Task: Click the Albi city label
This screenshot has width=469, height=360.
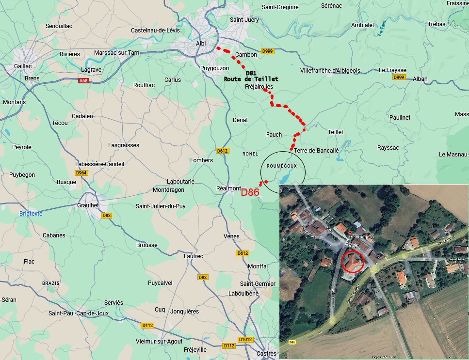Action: pos(200,44)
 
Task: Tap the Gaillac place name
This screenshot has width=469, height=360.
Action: pos(23,66)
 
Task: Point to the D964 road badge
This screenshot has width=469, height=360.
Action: pos(81,173)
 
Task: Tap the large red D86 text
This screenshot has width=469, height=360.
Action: pos(250,192)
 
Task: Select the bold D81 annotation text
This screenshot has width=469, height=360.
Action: pos(251,73)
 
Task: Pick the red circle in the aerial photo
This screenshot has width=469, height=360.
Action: pos(353,261)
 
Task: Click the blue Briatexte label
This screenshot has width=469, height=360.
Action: pos(31,213)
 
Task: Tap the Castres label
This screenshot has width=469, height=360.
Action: pos(266,354)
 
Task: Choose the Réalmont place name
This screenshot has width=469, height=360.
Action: pos(228,188)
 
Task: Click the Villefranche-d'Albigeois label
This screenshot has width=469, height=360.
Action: pos(330,71)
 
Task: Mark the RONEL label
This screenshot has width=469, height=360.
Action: pos(250,154)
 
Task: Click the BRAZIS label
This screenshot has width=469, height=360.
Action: pos(50,283)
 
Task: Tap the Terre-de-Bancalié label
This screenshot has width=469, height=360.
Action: pos(316,151)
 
